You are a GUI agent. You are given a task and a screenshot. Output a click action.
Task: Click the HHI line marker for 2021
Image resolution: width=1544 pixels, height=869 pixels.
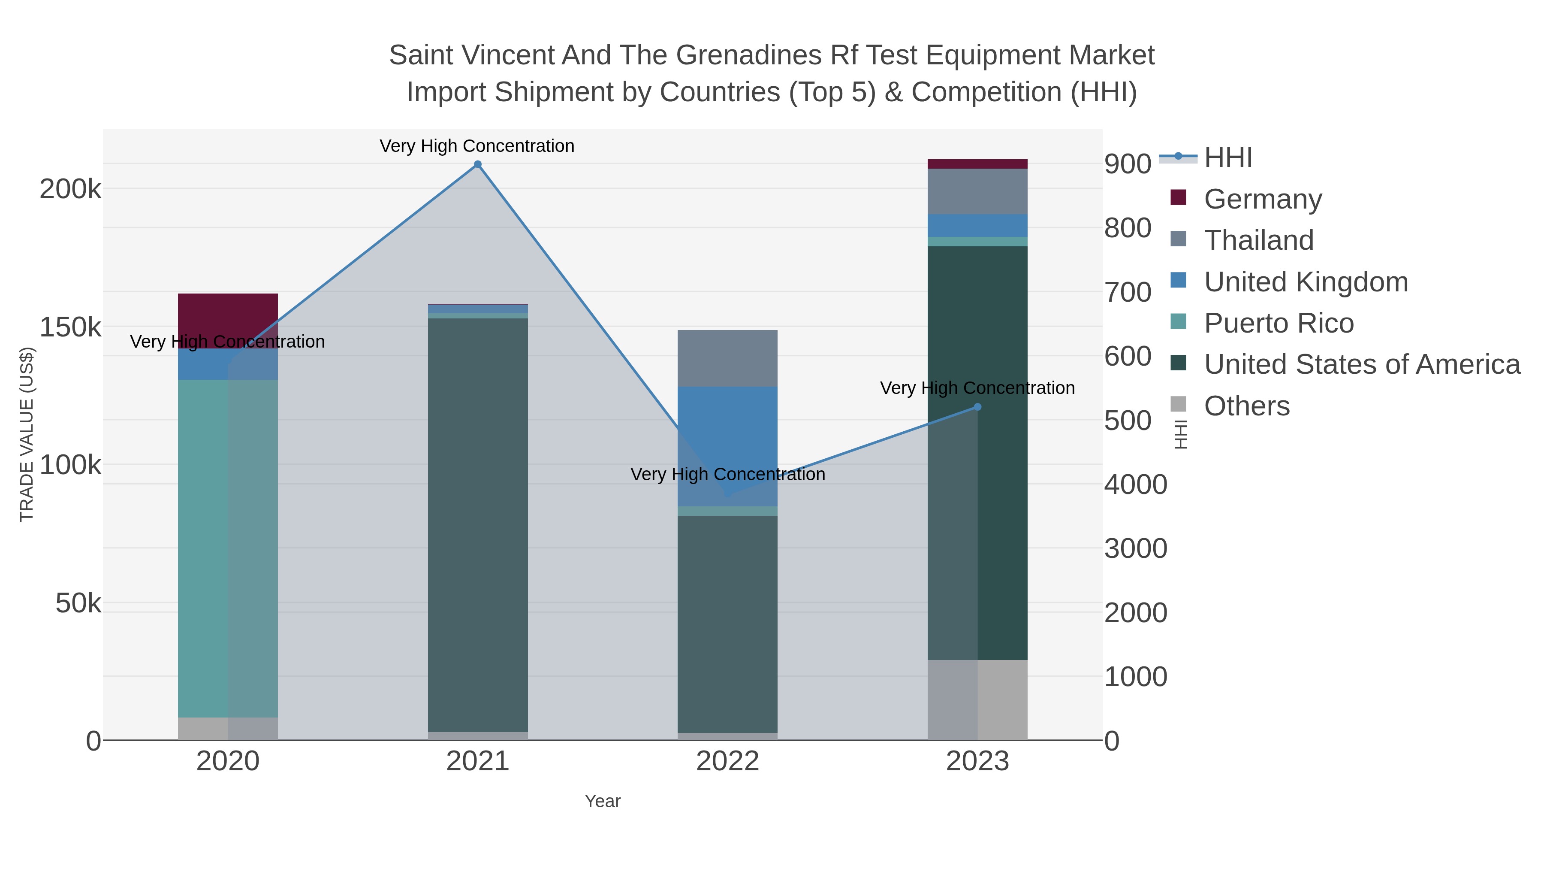click(478, 164)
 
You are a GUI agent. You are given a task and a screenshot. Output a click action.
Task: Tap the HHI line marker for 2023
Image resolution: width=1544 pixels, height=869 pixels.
click(977, 407)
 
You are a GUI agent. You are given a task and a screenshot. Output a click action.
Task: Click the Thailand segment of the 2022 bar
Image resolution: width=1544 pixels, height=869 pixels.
click(727, 358)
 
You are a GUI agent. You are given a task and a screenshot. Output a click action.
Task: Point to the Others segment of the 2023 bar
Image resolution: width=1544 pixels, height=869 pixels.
click(977, 699)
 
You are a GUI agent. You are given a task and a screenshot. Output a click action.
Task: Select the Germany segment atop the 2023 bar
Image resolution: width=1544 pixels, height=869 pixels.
click(977, 164)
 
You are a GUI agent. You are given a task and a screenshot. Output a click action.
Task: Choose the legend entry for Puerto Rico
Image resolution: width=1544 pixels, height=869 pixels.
click(1279, 323)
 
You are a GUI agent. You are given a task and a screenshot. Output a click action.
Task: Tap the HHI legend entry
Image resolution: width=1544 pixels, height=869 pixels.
click(1227, 158)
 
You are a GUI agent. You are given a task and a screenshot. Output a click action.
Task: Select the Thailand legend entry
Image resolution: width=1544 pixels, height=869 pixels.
click(1258, 240)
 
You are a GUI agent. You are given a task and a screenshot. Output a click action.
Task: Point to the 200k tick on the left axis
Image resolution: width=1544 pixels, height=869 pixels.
click(70, 190)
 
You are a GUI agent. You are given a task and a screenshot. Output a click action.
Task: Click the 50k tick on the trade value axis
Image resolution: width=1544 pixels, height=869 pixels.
click(78, 603)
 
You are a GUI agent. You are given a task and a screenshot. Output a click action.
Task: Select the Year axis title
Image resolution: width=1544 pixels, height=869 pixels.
click(603, 801)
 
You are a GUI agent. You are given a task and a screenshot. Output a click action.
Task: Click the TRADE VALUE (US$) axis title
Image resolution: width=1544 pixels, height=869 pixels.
click(27, 434)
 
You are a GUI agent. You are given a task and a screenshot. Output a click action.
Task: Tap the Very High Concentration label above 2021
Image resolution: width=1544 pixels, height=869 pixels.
click(477, 146)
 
